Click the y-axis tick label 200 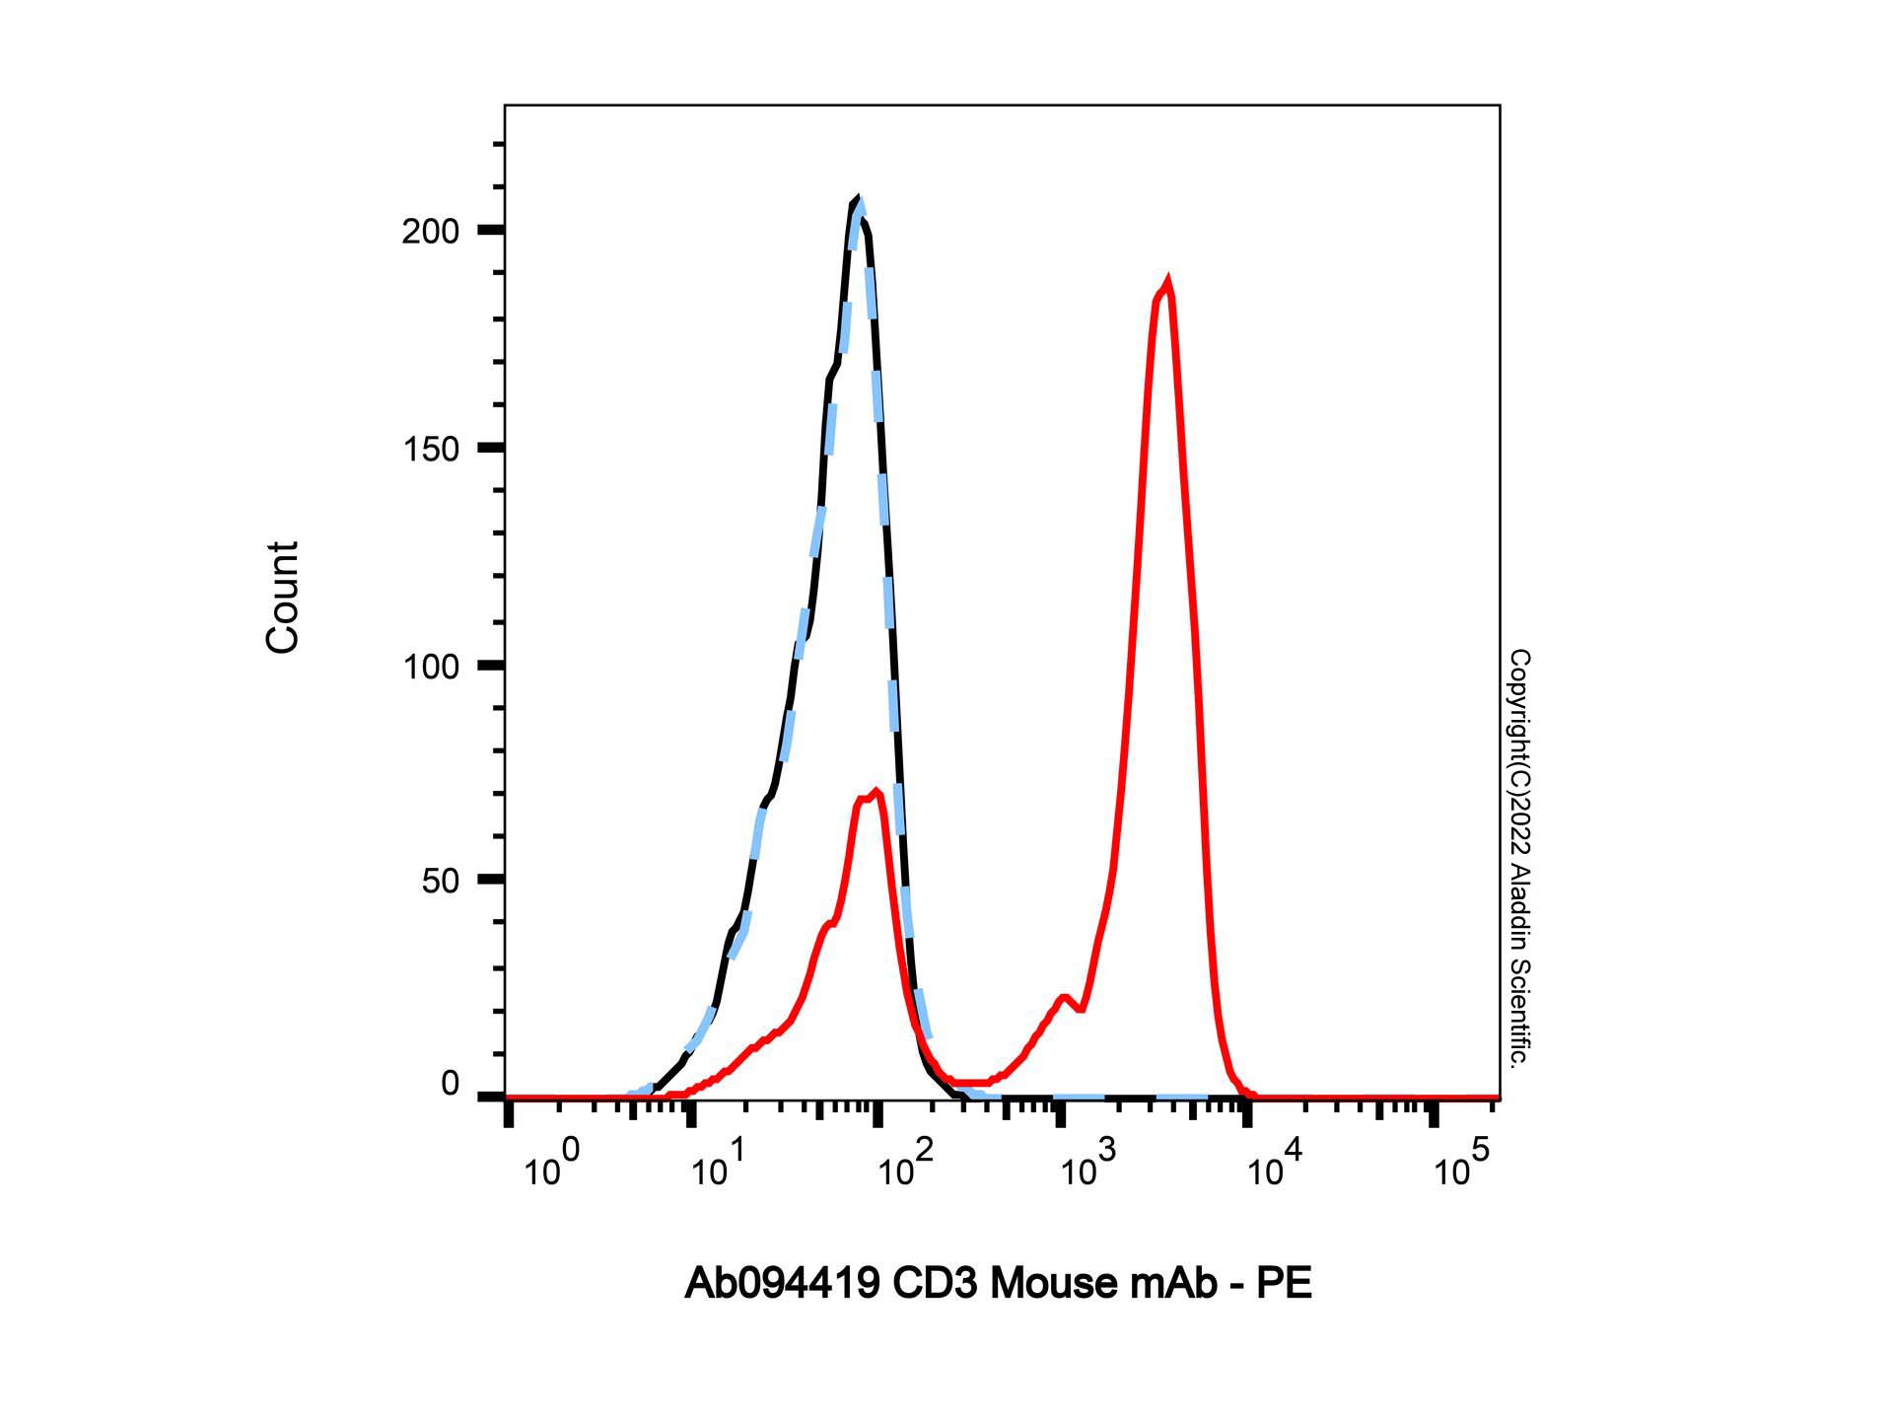coord(431,232)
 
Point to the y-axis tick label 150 coord(431,450)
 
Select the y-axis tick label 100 coord(431,668)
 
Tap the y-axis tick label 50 coord(441,882)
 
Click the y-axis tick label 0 coord(451,1085)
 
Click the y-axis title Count coord(282,597)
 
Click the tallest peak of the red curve coord(1167,284)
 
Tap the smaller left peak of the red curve coord(874,792)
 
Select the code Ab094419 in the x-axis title coord(783,1284)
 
